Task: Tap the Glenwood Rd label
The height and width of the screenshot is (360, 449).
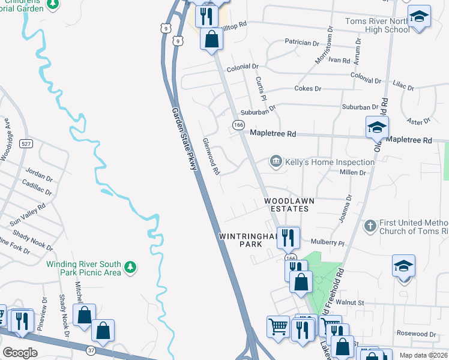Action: [211, 155]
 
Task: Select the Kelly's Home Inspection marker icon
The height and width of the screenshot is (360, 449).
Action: [276, 161]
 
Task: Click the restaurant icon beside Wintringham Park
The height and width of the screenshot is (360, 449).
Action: [289, 238]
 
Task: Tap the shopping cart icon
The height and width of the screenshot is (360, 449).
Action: [278, 328]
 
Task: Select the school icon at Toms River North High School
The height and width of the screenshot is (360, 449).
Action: [419, 17]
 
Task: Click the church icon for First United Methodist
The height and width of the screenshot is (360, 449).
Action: [370, 226]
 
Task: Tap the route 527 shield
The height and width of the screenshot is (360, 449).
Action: [26, 144]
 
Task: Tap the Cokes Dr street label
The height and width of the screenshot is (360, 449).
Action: [308, 88]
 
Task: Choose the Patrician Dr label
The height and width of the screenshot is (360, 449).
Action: [302, 43]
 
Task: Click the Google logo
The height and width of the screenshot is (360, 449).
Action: [20, 352]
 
